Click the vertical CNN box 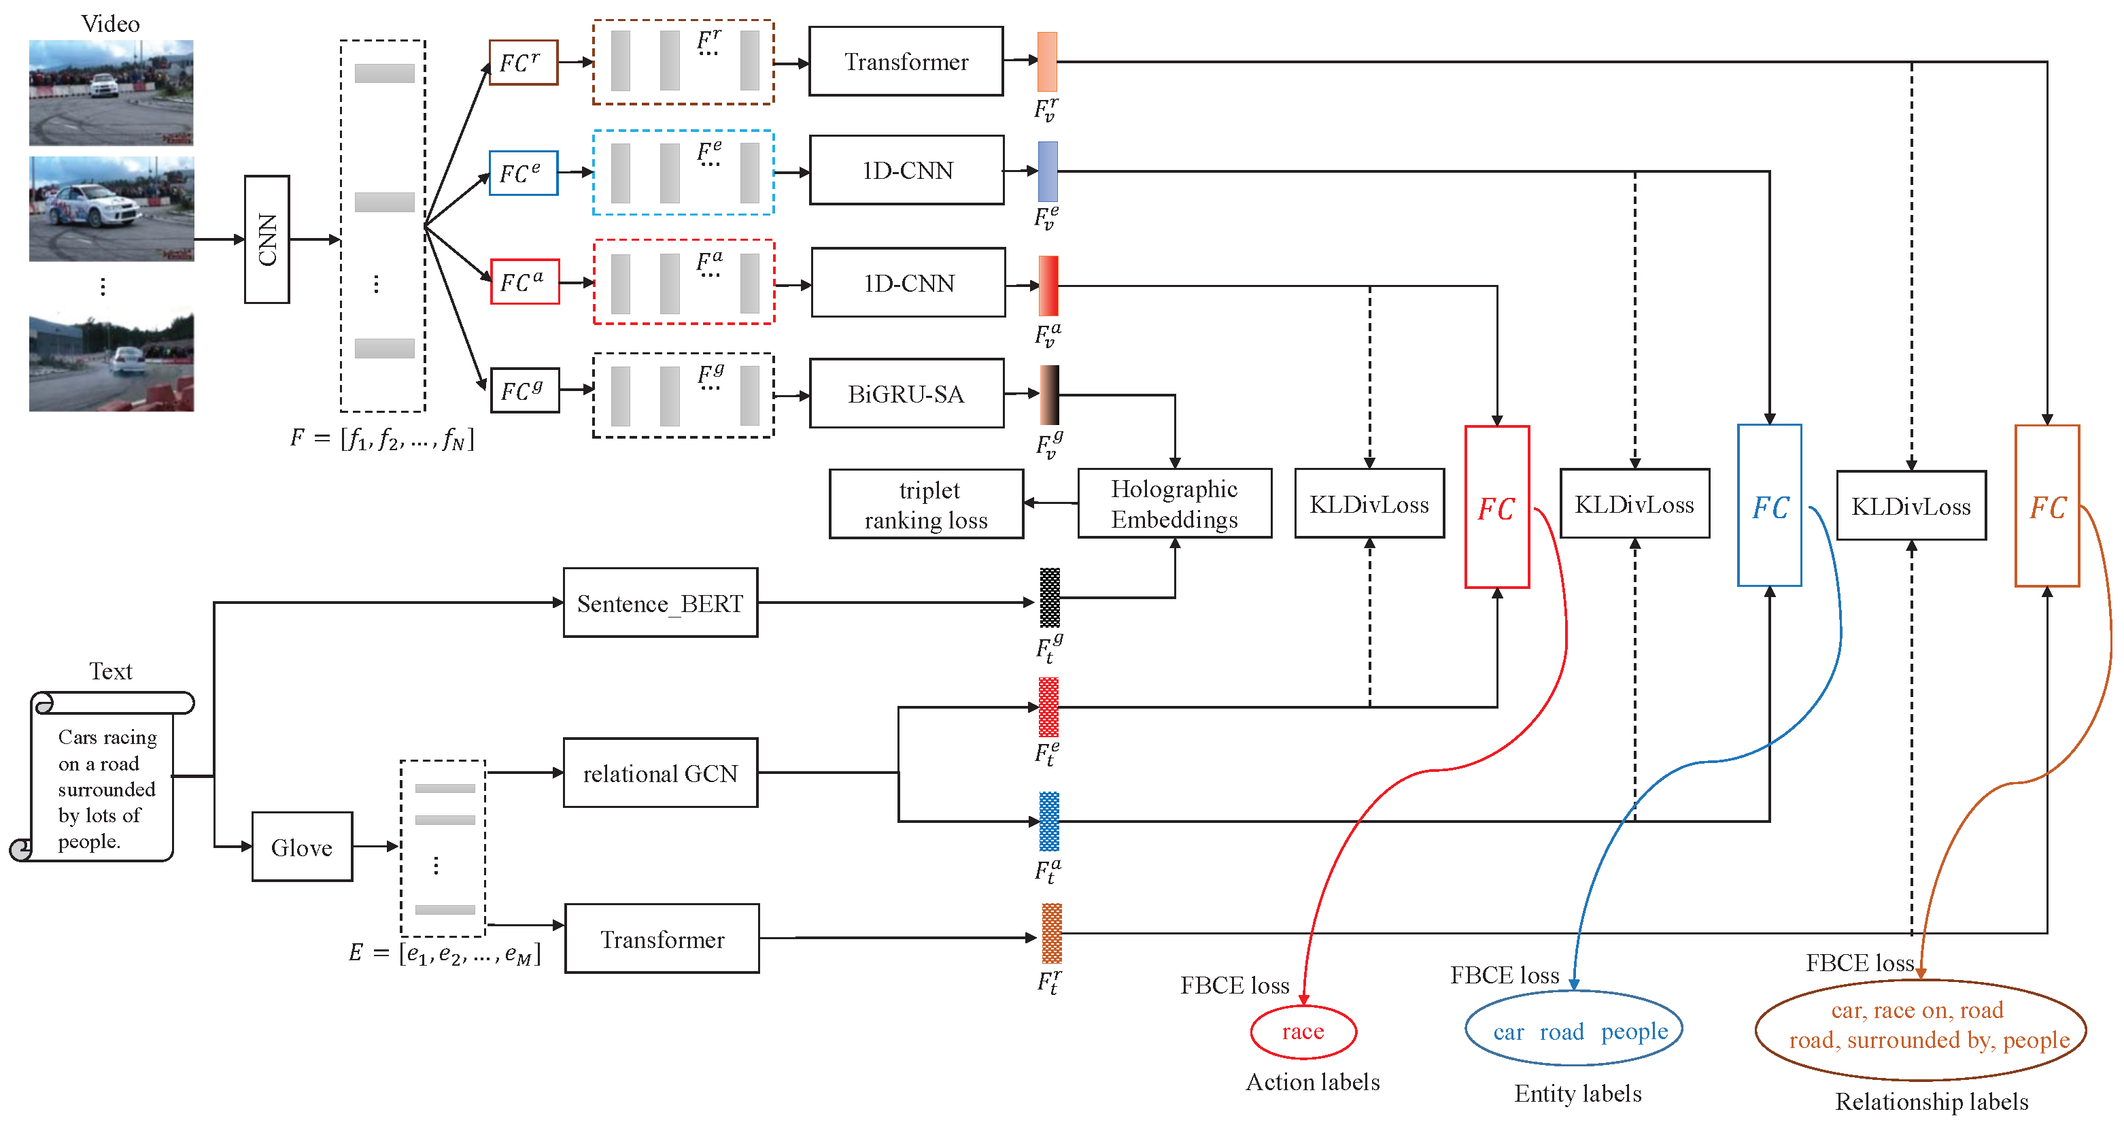pyautogui.click(x=267, y=239)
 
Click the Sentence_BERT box pyautogui.click(x=660, y=603)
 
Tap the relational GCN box pyautogui.click(x=660, y=773)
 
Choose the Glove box pyautogui.click(x=302, y=847)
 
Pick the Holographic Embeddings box pyautogui.click(x=1174, y=504)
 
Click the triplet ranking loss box pyautogui.click(x=926, y=505)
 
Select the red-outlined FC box pyautogui.click(x=1496, y=507)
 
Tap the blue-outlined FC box pyautogui.click(x=1770, y=505)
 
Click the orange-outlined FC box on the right pyautogui.click(x=2046, y=506)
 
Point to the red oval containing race pyautogui.click(x=1303, y=1032)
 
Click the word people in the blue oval pyautogui.click(x=1634, y=1032)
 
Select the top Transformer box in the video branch pyautogui.click(x=906, y=62)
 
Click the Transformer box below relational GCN pyautogui.click(x=662, y=939)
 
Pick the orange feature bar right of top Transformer pyautogui.click(x=1046, y=62)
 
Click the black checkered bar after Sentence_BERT pyautogui.click(x=1049, y=598)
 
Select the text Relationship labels pyautogui.click(x=1931, y=1102)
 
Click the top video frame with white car pyautogui.click(x=112, y=92)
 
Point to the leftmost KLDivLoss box pyautogui.click(x=1369, y=504)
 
